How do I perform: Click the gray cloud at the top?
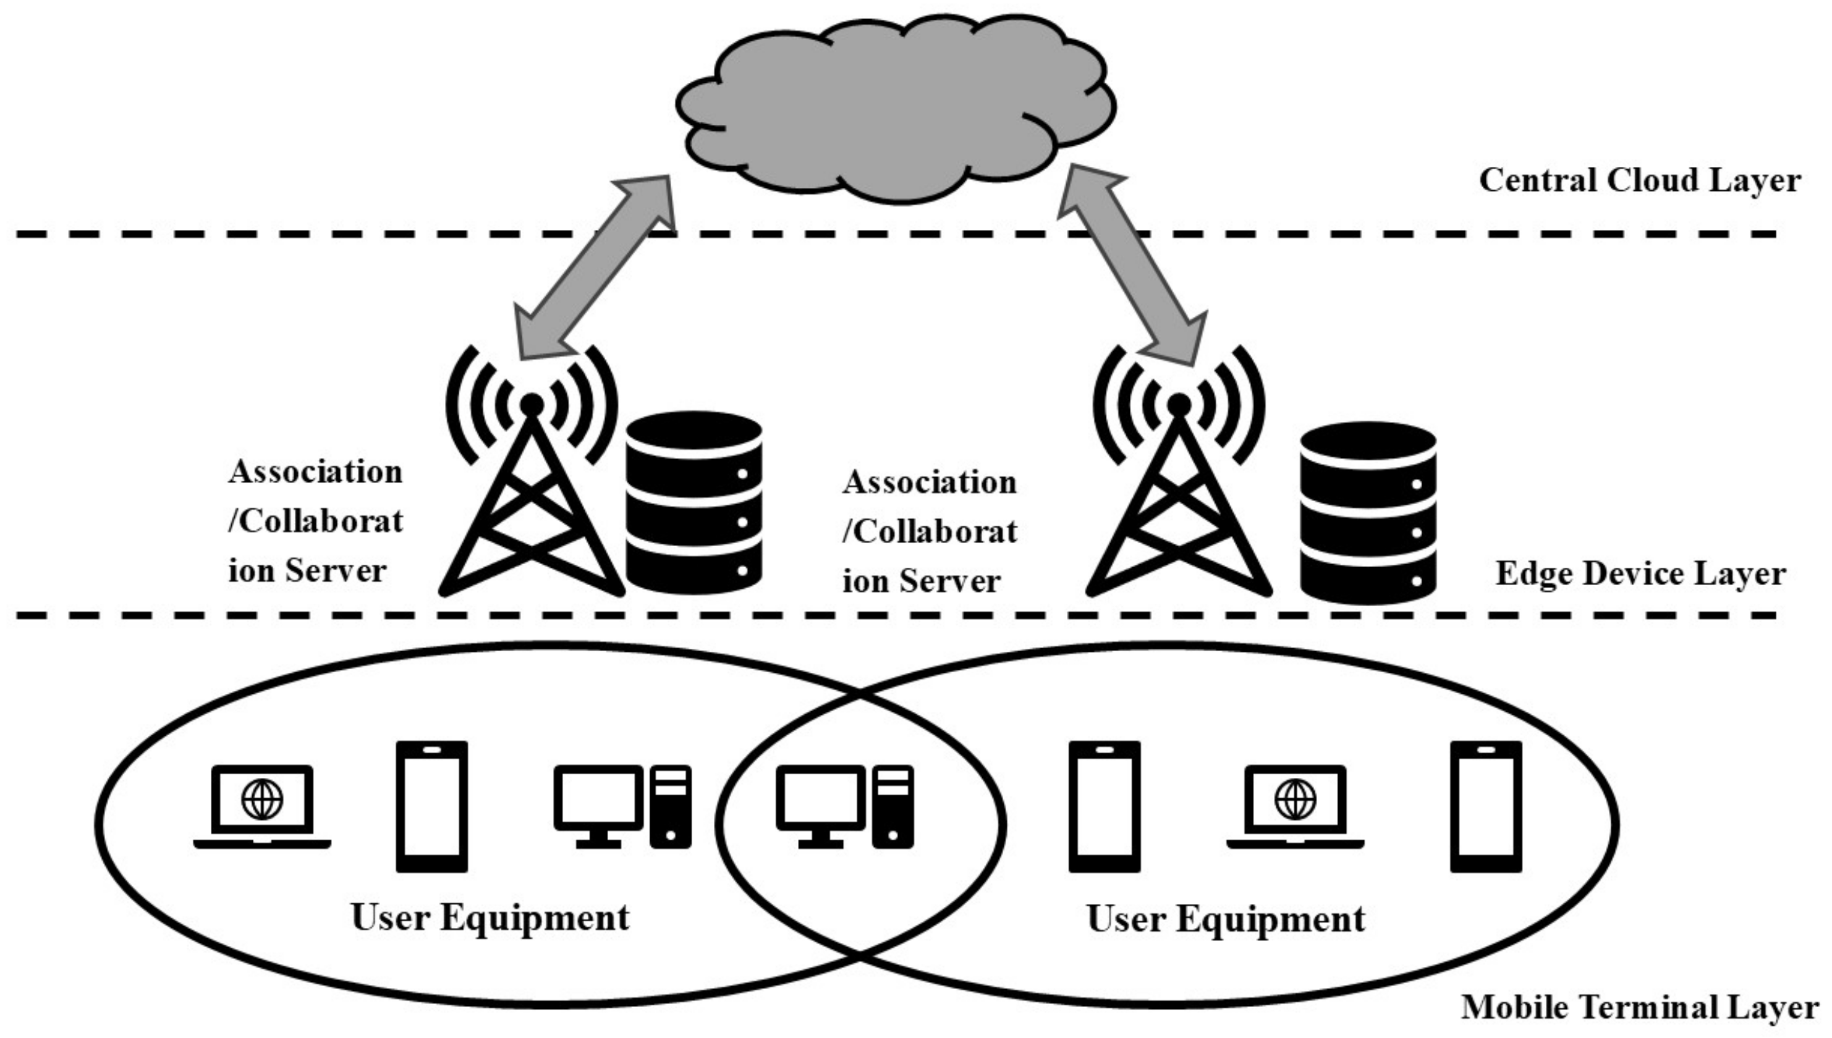[895, 107]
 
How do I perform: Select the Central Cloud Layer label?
[1639, 180]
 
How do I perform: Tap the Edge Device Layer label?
[1639, 574]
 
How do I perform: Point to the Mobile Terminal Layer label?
[1639, 1007]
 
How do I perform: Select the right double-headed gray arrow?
[1132, 265]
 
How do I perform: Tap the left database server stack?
[693, 502]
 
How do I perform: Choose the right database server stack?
[1367, 513]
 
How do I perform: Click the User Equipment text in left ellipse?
[490, 918]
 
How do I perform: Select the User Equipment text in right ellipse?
[1225, 919]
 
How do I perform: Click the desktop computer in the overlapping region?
[844, 807]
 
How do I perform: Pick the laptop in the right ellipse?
[1295, 807]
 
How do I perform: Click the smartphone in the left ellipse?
[431, 806]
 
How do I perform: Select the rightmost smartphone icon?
[1485, 806]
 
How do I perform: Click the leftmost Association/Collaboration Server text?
[315, 521]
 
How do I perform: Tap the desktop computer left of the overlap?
[622, 807]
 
